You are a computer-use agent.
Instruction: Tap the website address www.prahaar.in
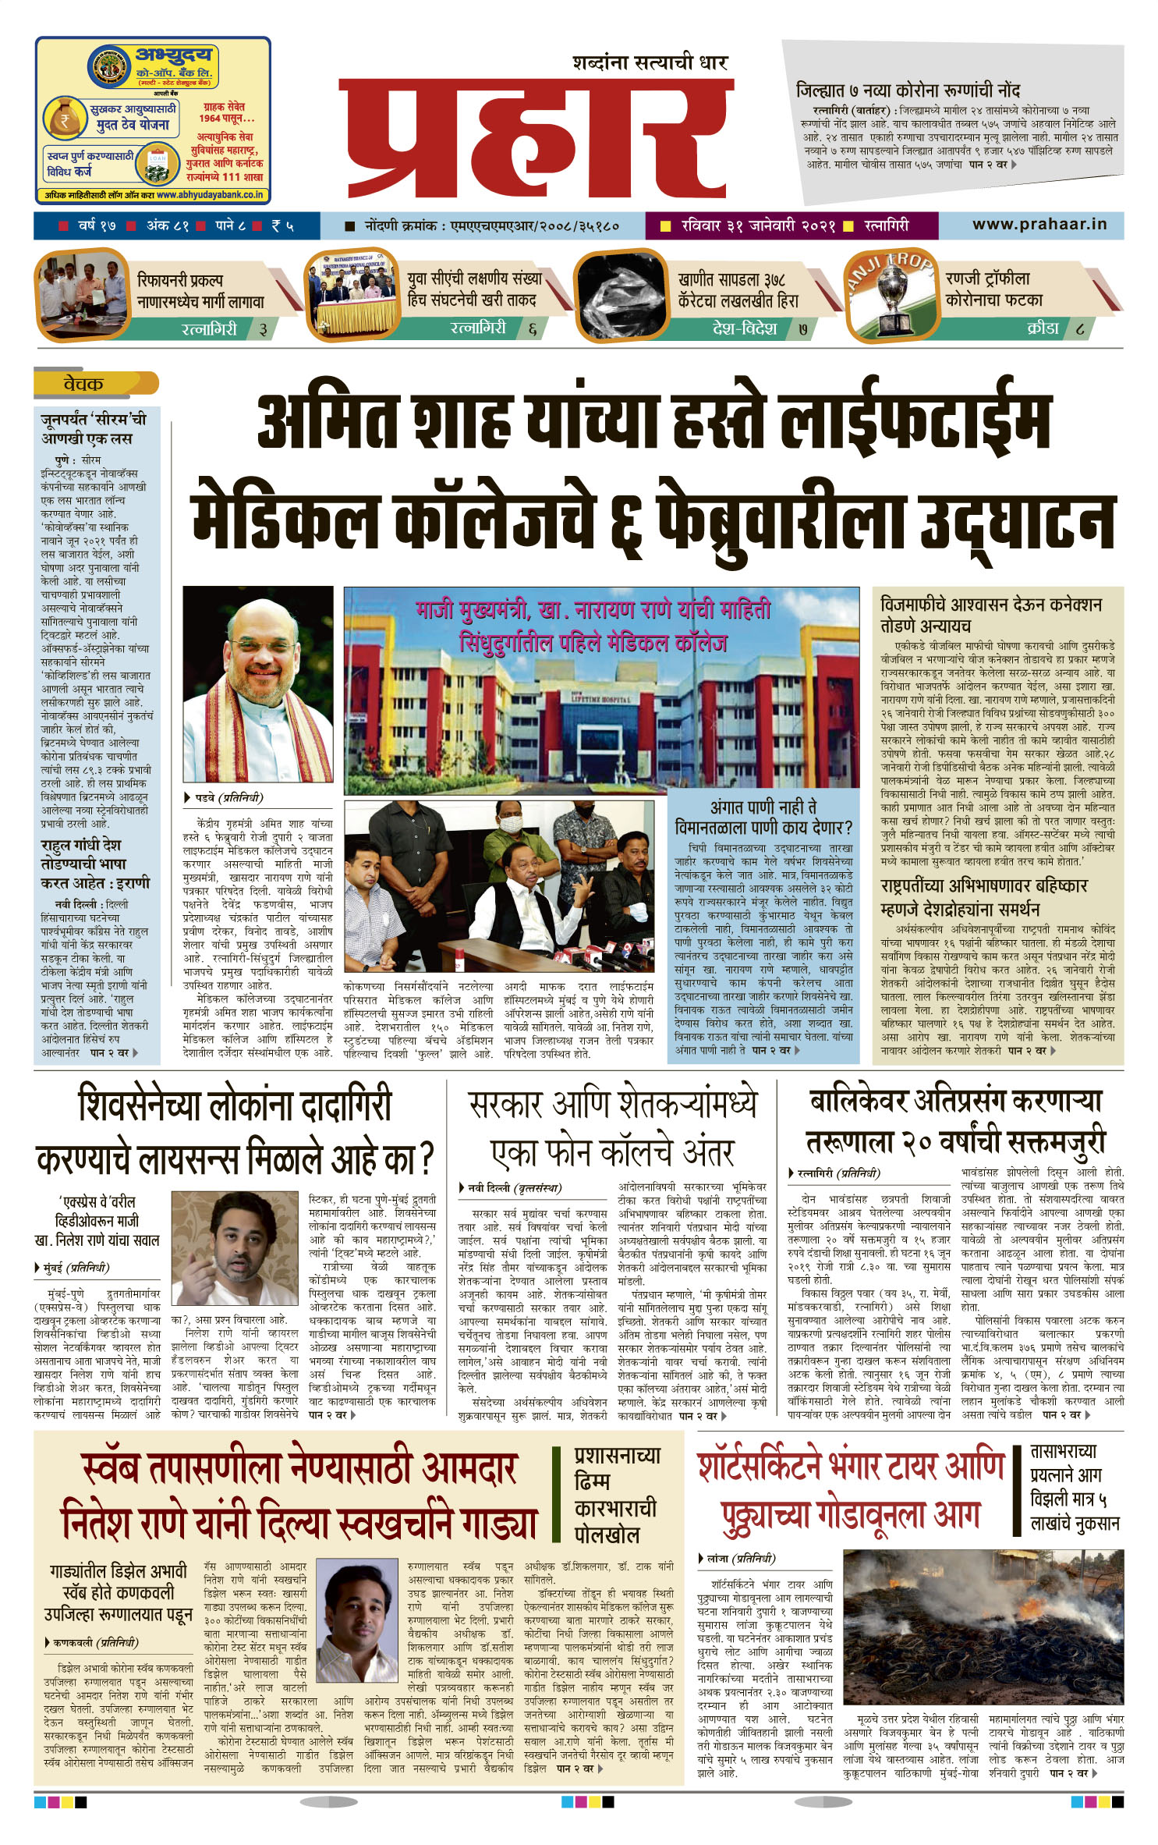click(1039, 225)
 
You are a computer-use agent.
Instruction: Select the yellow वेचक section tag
click(83, 384)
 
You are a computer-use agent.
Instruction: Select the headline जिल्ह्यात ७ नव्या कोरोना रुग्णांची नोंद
click(908, 91)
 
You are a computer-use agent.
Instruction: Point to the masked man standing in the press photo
click(509, 843)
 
